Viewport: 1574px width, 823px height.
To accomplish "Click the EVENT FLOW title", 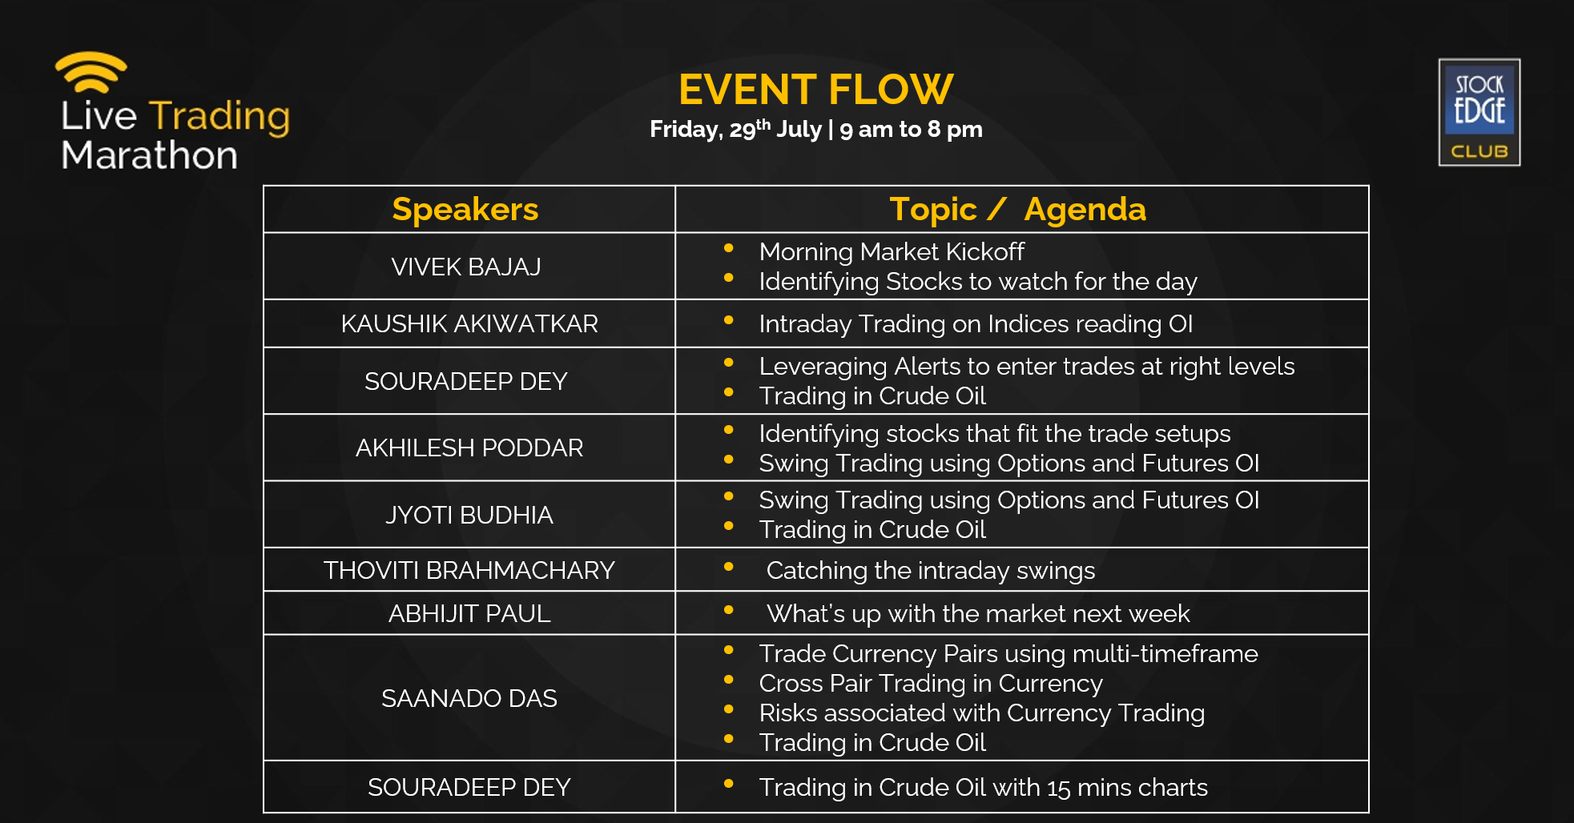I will (815, 89).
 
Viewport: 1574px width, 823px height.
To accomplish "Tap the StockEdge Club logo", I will (1479, 112).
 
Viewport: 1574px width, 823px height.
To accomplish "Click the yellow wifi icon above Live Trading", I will (91, 72).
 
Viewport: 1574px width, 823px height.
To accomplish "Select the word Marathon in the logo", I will (150, 155).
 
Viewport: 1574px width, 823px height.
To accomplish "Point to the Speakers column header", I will (465, 210).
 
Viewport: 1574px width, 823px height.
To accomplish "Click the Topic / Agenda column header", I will (1017, 210).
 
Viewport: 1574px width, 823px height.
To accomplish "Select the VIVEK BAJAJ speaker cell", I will (466, 267).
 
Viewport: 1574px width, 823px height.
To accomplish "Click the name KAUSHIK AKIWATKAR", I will (469, 323).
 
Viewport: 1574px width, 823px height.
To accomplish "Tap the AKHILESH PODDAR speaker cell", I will (469, 448).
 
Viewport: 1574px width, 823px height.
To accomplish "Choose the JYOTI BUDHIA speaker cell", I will (469, 515).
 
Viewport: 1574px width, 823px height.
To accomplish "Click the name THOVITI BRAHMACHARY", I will (469, 570).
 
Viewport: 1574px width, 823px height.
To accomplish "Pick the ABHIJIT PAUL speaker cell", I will (469, 613).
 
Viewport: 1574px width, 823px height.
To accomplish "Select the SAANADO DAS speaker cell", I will (469, 698).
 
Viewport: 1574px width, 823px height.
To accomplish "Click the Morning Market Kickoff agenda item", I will (892, 252).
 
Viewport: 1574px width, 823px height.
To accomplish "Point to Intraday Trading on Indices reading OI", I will (976, 324).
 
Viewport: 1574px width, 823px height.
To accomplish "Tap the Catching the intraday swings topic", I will (930, 571).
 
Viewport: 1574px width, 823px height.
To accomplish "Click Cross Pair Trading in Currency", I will (931, 684).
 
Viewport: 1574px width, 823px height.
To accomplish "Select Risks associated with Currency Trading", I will (981, 713).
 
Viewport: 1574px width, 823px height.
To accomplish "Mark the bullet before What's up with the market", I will (729, 610).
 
